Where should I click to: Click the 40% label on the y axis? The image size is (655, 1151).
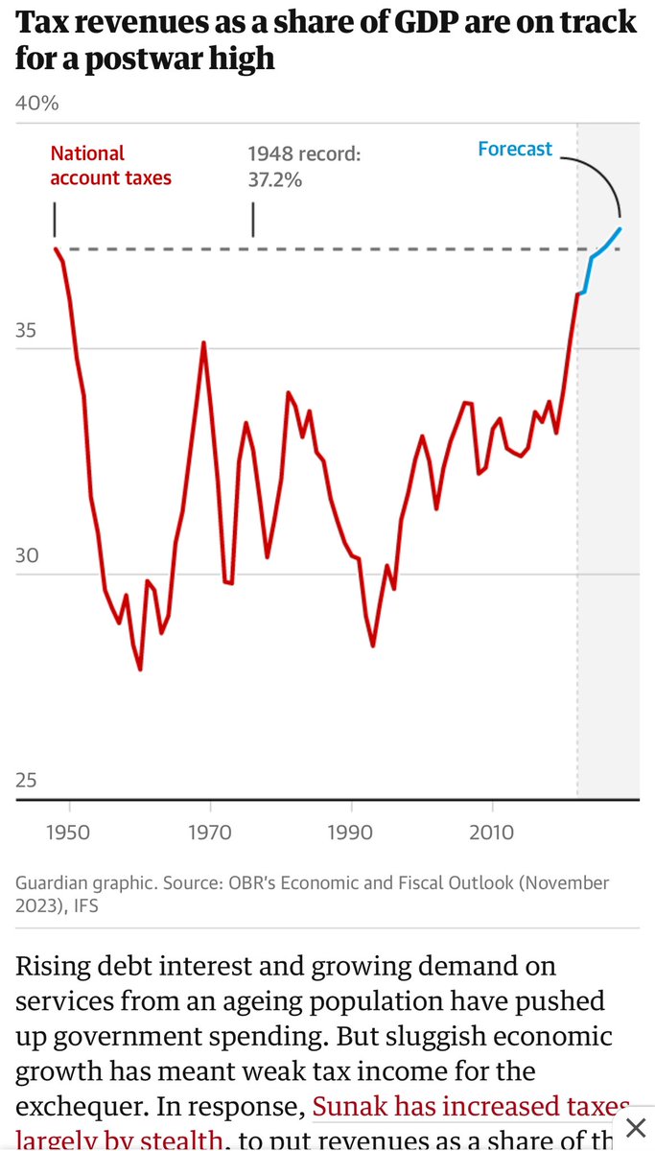click(37, 103)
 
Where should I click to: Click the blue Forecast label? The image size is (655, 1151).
click(515, 149)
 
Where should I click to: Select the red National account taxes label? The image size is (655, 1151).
click(110, 165)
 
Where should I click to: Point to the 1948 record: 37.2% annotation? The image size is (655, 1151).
click(303, 165)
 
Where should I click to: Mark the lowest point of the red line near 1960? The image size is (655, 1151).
click(140, 669)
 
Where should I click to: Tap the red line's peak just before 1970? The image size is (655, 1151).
click(203, 343)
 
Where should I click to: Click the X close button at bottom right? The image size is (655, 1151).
click(634, 1126)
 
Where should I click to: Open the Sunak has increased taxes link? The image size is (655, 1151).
click(471, 1107)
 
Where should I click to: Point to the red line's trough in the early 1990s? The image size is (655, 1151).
click(372, 645)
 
